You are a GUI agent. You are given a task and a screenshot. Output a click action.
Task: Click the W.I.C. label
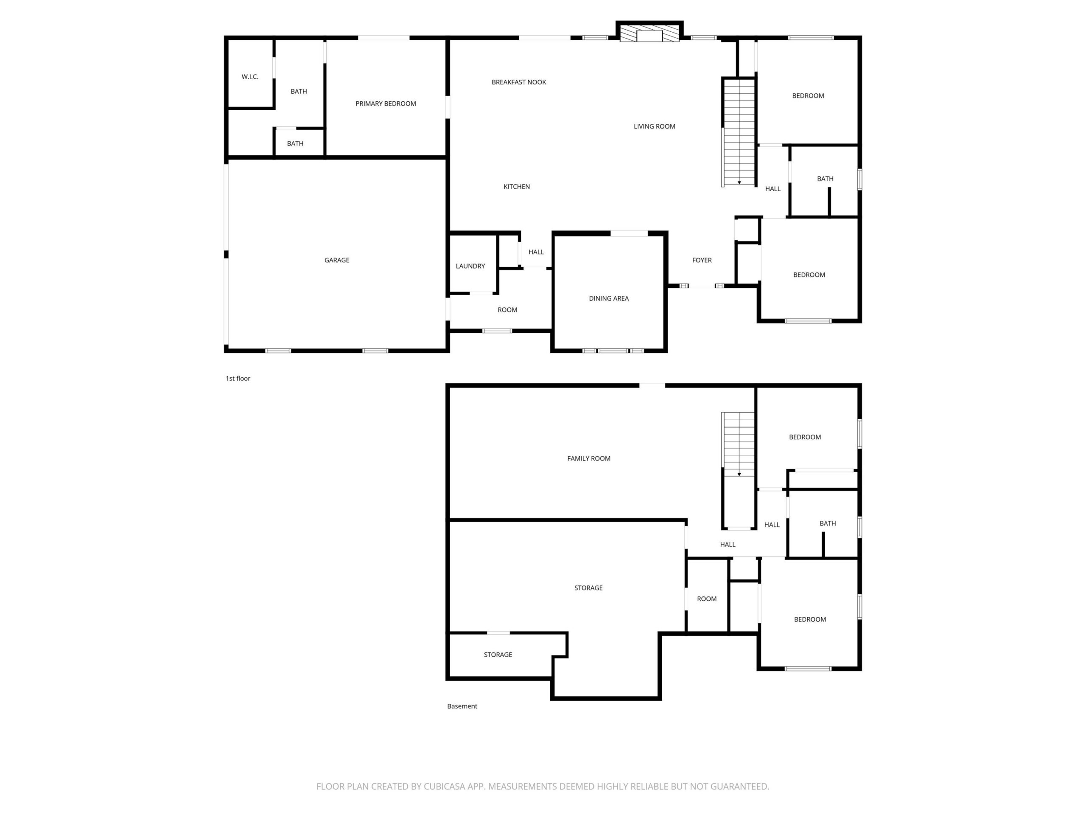point(250,77)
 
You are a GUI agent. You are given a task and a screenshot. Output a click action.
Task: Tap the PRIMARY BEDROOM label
point(386,103)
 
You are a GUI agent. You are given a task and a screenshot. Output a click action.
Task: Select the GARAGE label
point(337,260)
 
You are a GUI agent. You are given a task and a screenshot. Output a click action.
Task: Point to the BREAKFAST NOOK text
point(519,82)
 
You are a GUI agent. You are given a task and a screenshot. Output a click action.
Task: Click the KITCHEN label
point(517,187)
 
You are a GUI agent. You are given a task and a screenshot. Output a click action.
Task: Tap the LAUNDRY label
point(470,266)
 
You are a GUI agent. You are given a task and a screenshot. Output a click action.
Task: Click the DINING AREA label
point(609,298)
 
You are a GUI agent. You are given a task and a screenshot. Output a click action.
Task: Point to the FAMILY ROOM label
point(589,459)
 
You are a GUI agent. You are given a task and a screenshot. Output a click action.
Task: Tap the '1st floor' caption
point(238,378)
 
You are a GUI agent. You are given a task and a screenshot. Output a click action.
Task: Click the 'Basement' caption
point(462,706)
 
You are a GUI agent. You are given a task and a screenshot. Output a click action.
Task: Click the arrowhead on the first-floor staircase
point(739,183)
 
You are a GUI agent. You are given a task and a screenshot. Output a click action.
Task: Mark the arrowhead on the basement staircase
point(739,474)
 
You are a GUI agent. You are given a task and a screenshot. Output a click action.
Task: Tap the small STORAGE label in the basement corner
point(498,655)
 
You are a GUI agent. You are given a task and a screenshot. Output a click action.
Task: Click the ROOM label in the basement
point(707,599)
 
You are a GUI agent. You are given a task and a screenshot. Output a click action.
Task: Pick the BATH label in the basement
point(828,524)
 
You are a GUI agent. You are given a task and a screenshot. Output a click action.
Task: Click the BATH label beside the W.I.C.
point(299,92)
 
